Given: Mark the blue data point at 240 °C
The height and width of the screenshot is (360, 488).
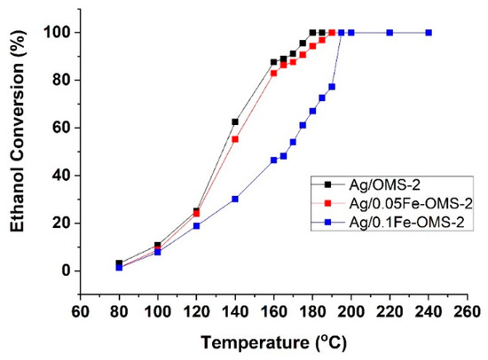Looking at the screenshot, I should (x=429, y=33).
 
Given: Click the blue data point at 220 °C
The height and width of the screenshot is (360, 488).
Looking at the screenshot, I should (x=390, y=33).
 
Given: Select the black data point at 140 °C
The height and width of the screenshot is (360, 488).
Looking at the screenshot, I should (x=235, y=121).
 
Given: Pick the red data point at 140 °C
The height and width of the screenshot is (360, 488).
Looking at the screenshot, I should (x=235, y=138).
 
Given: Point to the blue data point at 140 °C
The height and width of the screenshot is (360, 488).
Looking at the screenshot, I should (x=235, y=199).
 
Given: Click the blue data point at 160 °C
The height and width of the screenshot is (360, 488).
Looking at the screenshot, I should (x=273, y=160).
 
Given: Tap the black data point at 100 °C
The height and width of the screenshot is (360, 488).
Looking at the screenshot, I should (x=158, y=245).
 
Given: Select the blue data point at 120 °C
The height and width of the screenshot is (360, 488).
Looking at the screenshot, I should (x=196, y=225).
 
